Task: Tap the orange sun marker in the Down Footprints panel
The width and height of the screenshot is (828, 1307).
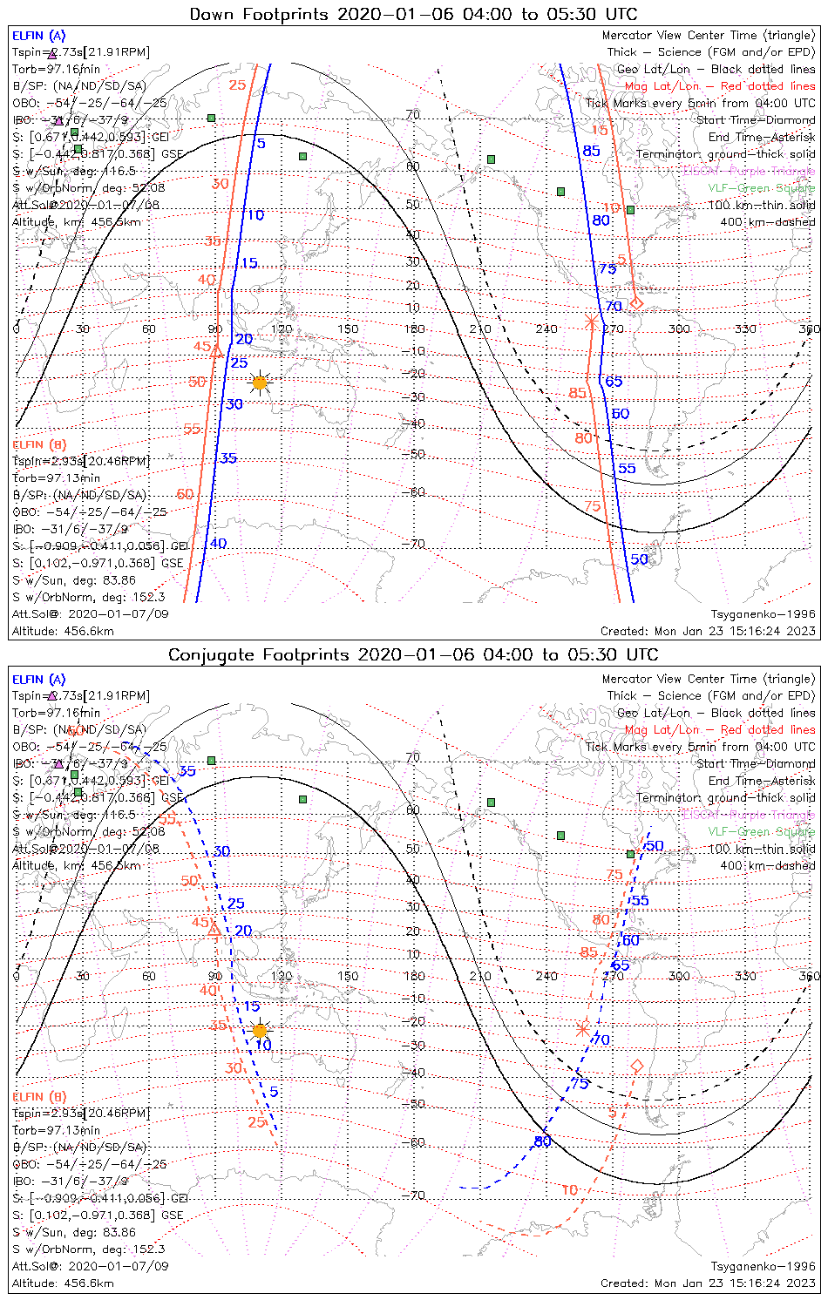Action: coord(259,382)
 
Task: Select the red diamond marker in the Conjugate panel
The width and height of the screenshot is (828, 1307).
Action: coord(637,1066)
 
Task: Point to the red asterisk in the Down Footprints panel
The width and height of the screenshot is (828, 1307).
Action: coord(592,322)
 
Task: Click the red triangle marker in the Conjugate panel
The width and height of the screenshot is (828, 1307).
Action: coord(214,931)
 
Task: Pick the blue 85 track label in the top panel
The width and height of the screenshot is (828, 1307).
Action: coord(591,151)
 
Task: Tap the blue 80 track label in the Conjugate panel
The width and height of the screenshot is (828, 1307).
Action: coord(543,1141)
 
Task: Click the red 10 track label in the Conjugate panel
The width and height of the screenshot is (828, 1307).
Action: coord(569,1189)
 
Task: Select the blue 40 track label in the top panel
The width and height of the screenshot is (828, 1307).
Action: coord(218,543)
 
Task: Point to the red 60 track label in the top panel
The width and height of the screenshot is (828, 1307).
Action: coord(185,494)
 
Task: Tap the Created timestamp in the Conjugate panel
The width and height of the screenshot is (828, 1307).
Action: coord(708,1283)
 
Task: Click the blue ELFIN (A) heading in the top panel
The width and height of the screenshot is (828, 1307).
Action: coord(38,36)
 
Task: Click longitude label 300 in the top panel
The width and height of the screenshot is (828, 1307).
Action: coord(679,328)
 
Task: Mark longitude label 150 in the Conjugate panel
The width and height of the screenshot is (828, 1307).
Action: coord(348,976)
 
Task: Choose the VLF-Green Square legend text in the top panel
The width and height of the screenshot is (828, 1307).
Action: coord(761,188)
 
